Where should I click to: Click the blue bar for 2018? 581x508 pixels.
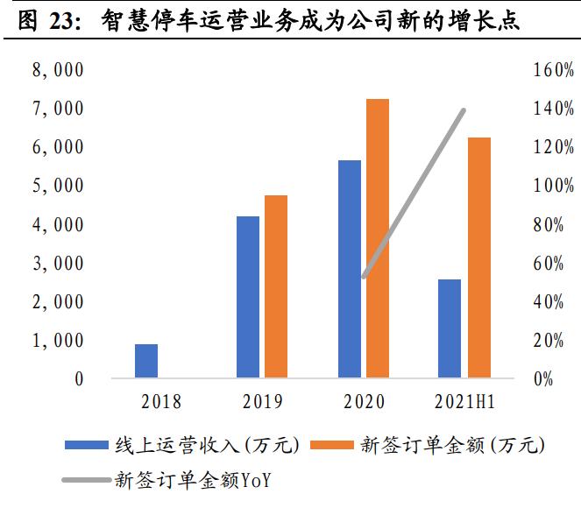[146, 361]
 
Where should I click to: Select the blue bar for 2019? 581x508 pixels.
[248, 297]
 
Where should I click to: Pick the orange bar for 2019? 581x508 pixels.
[276, 286]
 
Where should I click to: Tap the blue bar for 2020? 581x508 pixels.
[350, 269]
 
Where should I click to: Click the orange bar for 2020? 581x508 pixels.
[378, 238]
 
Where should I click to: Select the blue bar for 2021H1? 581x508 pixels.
[450, 328]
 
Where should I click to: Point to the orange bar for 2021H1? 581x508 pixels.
[478, 258]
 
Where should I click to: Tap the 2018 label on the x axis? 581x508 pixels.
[160, 402]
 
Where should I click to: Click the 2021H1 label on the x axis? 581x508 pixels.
[464, 402]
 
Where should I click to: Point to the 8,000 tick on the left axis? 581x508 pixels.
[57, 71]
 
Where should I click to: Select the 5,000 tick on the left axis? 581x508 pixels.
[57, 187]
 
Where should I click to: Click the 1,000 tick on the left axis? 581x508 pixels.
[57, 341]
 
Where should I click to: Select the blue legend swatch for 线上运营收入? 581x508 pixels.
[88, 446]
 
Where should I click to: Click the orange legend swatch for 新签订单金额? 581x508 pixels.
[336, 446]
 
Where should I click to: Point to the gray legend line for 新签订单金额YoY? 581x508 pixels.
[88, 479]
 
